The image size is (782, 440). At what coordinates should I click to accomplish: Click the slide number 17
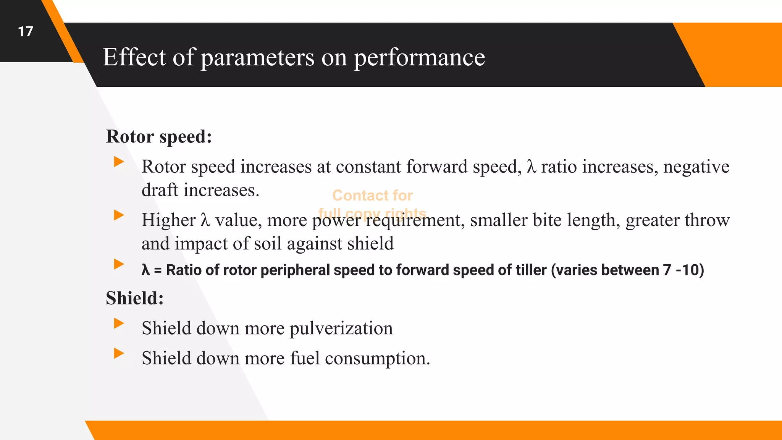(26, 32)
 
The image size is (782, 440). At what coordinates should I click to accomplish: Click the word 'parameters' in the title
(257, 58)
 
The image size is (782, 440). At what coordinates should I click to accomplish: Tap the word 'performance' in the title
(419, 58)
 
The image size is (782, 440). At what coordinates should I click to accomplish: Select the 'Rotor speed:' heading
(159, 136)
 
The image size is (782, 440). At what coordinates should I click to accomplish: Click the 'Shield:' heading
(135, 298)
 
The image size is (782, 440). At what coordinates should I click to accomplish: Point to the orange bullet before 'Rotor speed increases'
(119, 162)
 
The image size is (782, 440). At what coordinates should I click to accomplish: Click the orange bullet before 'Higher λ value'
(119, 215)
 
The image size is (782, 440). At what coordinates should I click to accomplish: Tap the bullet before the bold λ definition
(119, 264)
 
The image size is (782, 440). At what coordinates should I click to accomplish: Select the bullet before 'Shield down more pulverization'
(119, 324)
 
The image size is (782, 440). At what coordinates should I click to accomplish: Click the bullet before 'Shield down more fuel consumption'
(119, 353)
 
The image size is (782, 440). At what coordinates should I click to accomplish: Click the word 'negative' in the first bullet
(696, 167)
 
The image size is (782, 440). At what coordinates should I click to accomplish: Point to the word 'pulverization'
(341, 328)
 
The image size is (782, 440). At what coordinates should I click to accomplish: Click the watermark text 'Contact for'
(372, 196)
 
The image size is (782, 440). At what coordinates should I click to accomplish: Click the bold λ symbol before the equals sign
(145, 270)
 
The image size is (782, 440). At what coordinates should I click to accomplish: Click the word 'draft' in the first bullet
(160, 190)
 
